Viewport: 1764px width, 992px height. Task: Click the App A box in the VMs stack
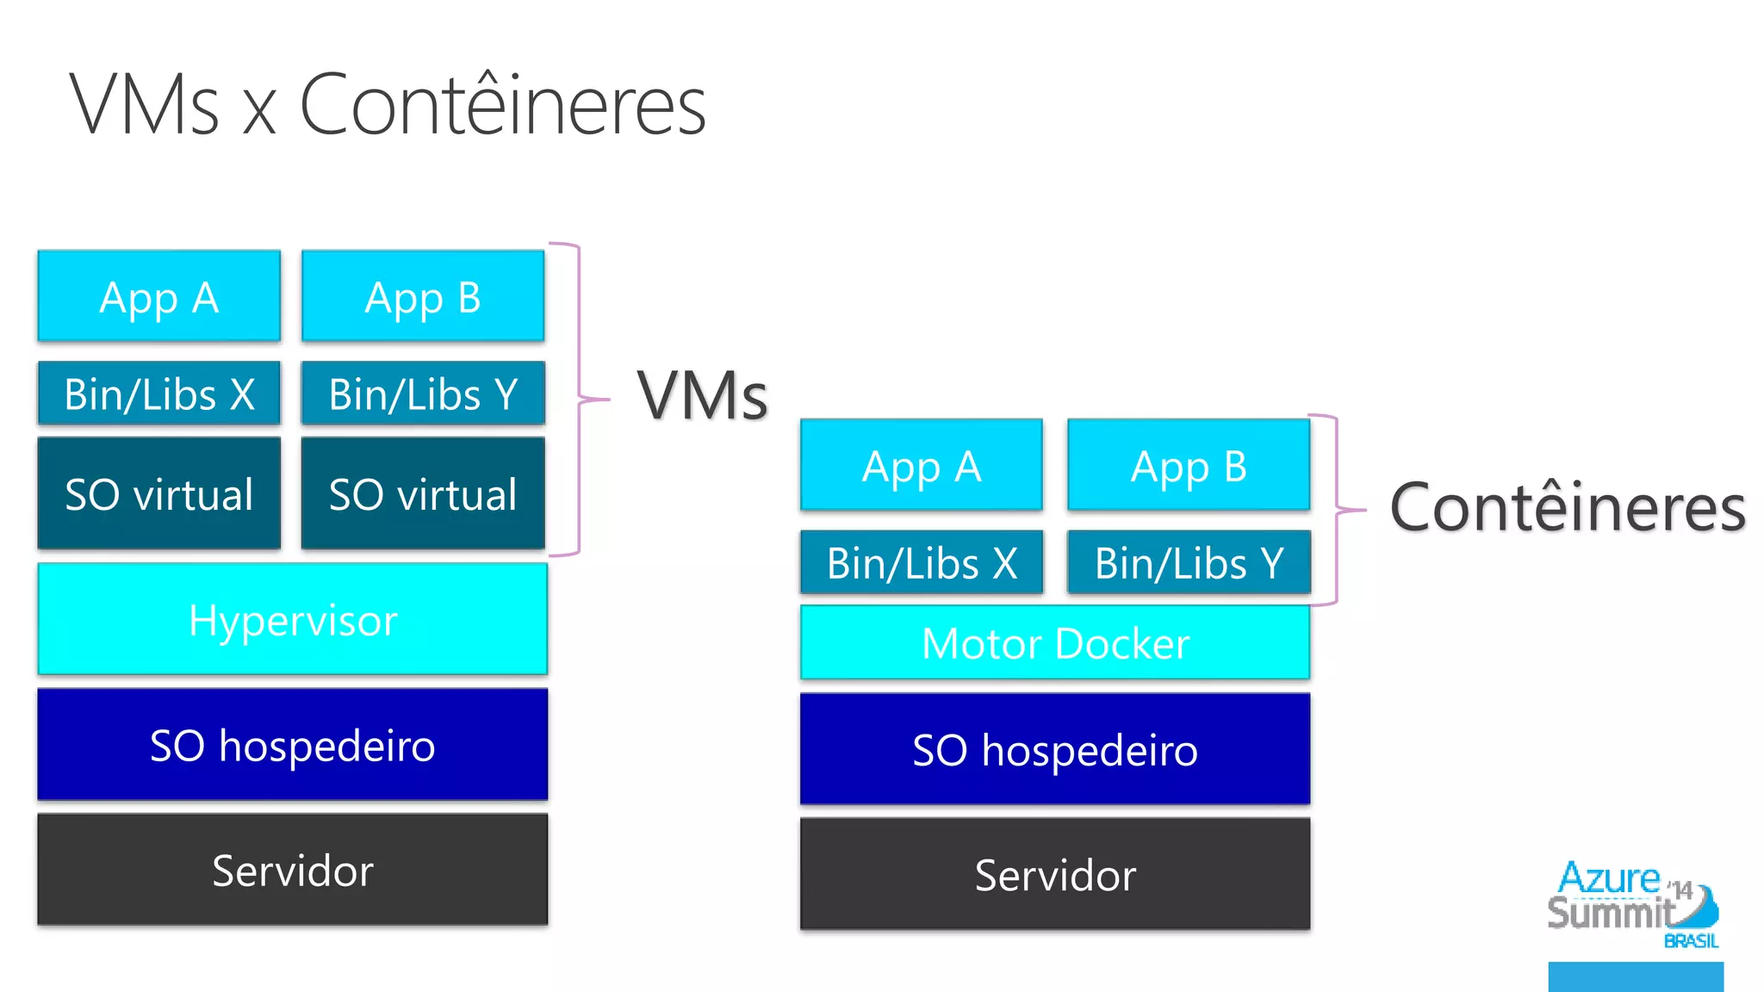tap(159, 296)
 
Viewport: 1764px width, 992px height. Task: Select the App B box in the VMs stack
tap(423, 296)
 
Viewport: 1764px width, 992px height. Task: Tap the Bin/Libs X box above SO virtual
tap(159, 394)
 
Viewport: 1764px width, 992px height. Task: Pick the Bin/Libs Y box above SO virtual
tap(423, 394)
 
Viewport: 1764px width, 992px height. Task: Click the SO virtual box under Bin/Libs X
tap(159, 493)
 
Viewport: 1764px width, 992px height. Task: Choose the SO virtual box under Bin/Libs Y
tap(423, 493)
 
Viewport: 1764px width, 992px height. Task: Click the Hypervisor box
tap(293, 619)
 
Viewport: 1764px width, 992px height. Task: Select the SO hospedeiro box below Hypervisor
tap(293, 745)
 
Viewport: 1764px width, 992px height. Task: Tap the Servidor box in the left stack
tap(293, 870)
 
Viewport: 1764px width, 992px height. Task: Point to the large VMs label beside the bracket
tap(702, 396)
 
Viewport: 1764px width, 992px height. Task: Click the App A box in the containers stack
tap(922, 465)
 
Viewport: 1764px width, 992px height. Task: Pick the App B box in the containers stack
tap(1189, 465)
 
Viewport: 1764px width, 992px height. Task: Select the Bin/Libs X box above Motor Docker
tap(922, 562)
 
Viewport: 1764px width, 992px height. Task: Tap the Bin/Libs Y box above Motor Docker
tap(1189, 562)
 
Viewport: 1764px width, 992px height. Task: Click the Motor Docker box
tap(1055, 642)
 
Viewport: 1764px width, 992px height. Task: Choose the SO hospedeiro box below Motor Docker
tap(1055, 749)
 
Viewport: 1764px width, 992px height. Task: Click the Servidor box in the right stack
tap(1055, 874)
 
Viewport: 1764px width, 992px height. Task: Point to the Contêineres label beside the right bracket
tap(1568, 508)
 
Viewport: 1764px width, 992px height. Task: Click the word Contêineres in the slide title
tap(502, 105)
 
